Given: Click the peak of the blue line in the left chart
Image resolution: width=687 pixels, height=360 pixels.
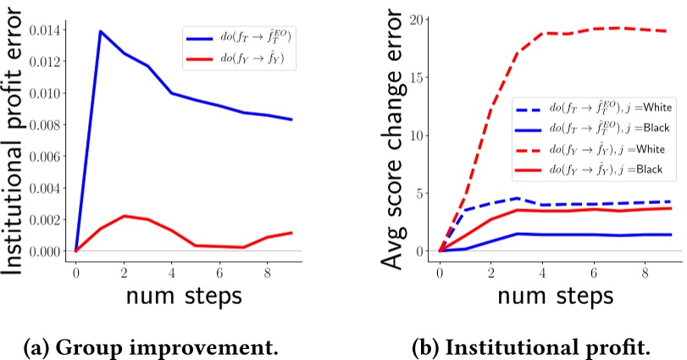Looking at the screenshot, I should [99, 31].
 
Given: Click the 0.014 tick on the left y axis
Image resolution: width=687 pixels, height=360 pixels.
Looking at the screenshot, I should [44, 30].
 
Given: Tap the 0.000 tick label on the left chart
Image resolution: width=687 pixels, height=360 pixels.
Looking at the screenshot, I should [44, 251].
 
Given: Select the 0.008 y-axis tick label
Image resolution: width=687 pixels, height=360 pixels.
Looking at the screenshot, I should [44, 125].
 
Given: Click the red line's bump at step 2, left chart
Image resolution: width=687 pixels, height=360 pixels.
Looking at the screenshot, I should [124, 216].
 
